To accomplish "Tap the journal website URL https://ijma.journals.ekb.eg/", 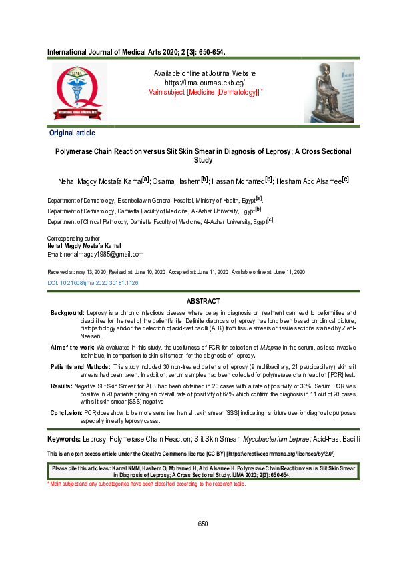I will pos(205,83).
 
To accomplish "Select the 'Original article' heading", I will pos(73,133).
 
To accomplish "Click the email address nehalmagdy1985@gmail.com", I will pos(95,254).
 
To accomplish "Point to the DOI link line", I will pos(93,283).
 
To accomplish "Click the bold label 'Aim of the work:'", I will pos(73,348).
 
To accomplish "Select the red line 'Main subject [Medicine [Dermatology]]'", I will pos(204,92).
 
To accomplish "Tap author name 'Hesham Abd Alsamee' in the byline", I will pos(308,181).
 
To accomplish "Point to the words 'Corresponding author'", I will pos(73,238).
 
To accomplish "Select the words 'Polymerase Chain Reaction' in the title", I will pos(109,151).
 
